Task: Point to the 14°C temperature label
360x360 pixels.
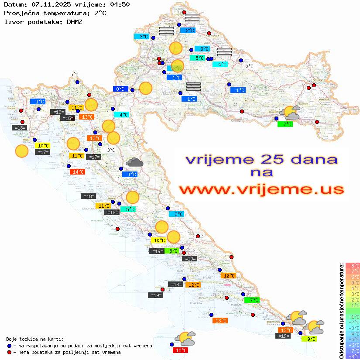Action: pyautogui.click(x=77, y=172)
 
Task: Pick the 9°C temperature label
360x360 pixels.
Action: pyautogui.click(x=309, y=339)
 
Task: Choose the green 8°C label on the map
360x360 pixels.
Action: pyautogui.click(x=173, y=251)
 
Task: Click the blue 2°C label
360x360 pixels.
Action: pyautogui.click(x=190, y=31)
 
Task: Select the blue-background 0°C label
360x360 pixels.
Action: pyautogui.click(x=120, y=89)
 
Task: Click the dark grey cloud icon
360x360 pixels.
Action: pyautogui.click(x=134, y=163)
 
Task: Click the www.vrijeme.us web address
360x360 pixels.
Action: pyautogui.click(x=261, y=189)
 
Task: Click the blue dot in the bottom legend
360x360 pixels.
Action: pyautogui.click(x=10, y=346)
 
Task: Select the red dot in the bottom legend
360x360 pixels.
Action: pyautogui.click(x=10, y=352)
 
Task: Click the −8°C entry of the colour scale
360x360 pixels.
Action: pyautogui.click(x=352, y=356)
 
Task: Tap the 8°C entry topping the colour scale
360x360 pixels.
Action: pyautogui.click(x=352, y=265)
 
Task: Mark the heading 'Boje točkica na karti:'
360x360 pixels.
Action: pyautogui.click(x=35, y=339)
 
